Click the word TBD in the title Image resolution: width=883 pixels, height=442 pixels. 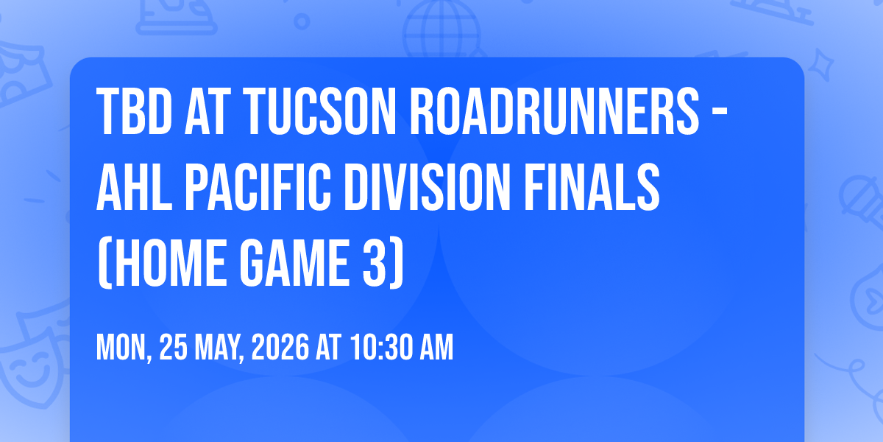[x=135, y=111]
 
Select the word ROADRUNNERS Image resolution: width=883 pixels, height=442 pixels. [x=555, y=111]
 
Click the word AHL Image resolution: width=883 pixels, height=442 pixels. [x=135, y=187]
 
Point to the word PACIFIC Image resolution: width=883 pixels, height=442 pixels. [x=258, y=187]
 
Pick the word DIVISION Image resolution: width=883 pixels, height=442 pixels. [x=428, y=187]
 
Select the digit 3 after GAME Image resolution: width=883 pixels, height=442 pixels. [x=375, y=263]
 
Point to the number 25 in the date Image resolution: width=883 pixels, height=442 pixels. [x=173, y=347]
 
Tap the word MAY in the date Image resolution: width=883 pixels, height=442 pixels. [x=219, y=347]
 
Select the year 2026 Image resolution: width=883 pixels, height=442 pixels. [x=280, y=347]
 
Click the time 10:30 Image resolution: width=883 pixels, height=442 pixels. [x=382, y=347]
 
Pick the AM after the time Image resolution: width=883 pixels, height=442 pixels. [x=437, y=347]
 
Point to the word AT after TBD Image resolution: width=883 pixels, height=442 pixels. [x=208, y=111]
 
